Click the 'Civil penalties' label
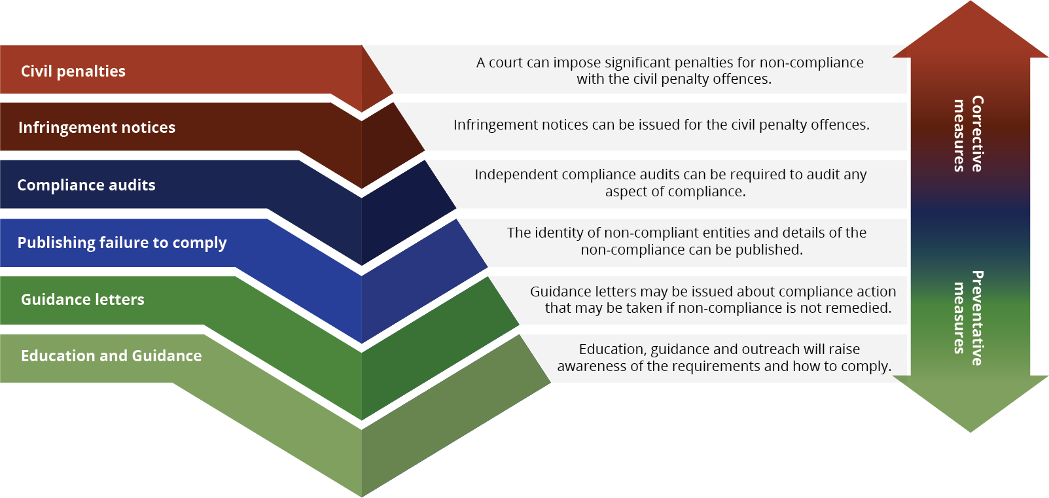click(x=73, y=71)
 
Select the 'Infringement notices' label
click(x=97, y=128)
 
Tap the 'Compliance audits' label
click(x=86, y=185)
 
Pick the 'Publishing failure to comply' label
click(x=122, y=243)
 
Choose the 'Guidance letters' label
click(x=82, y=300)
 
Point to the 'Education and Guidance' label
click(x=111, y=356)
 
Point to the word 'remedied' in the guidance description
click(x=864, y=308)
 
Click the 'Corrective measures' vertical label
click(x=969, y=134)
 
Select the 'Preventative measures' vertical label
click(x=969, y=318)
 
